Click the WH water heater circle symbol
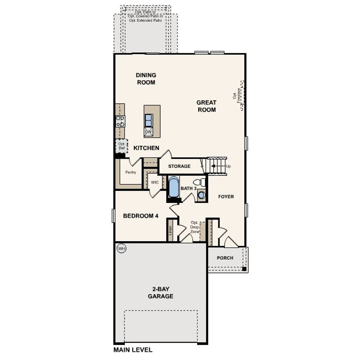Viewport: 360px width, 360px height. coord(121,249)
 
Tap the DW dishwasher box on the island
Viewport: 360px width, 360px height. coord(148,132)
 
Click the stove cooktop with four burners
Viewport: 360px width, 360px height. coord(120,121)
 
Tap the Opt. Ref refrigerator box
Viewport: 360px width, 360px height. coord(121,146)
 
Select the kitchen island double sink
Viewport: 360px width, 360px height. coord(148,120)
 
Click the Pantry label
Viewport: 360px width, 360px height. coord(130,172)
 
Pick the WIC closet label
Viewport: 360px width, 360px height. coord(155,182)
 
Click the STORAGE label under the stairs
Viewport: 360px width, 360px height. coord(179,166)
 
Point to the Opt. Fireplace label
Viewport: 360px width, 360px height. coord(237,96)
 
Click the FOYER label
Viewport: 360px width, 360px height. coord(226,197)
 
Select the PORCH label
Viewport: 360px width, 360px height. coord(225,258)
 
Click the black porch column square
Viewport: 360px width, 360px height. coord(244,269)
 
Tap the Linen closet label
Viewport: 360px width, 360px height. coord(170,231)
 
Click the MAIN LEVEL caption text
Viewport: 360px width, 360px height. coord(133,350)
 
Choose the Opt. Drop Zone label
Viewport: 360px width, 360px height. coord(195,227)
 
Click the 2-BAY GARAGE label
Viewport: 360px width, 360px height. coord(160,292)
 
